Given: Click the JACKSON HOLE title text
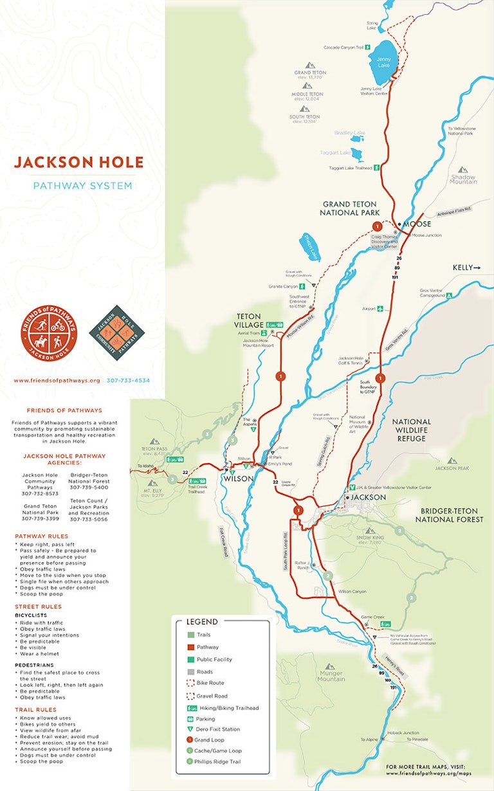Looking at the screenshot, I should tap(79, 161).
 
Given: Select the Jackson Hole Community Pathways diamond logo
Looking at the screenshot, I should tap(116, 333).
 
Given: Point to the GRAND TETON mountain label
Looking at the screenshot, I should tap(310, 73).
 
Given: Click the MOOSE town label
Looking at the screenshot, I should tap(416, 224).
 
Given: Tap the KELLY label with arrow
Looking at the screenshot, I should tap(466, 267).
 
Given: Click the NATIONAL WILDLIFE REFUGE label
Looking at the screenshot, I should tap(412, 430).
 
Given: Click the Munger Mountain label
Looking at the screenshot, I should tap(331, 675).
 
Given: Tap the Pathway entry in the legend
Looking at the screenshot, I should tap(207, 647).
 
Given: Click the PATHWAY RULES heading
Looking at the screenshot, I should tap(41, 536).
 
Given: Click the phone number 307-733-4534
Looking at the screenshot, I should tap(128, 381).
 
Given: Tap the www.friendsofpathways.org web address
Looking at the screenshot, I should tap(57, 381).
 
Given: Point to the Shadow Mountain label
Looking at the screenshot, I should tap(463, 179).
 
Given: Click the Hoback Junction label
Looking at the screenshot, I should tap(406, 732).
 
